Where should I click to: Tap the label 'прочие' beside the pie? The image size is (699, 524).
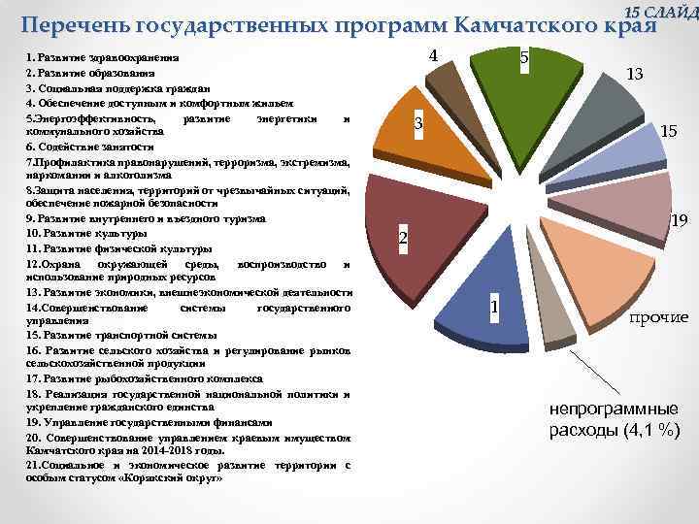coord(658,317)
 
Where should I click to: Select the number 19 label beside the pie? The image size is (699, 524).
coord(680,222)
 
